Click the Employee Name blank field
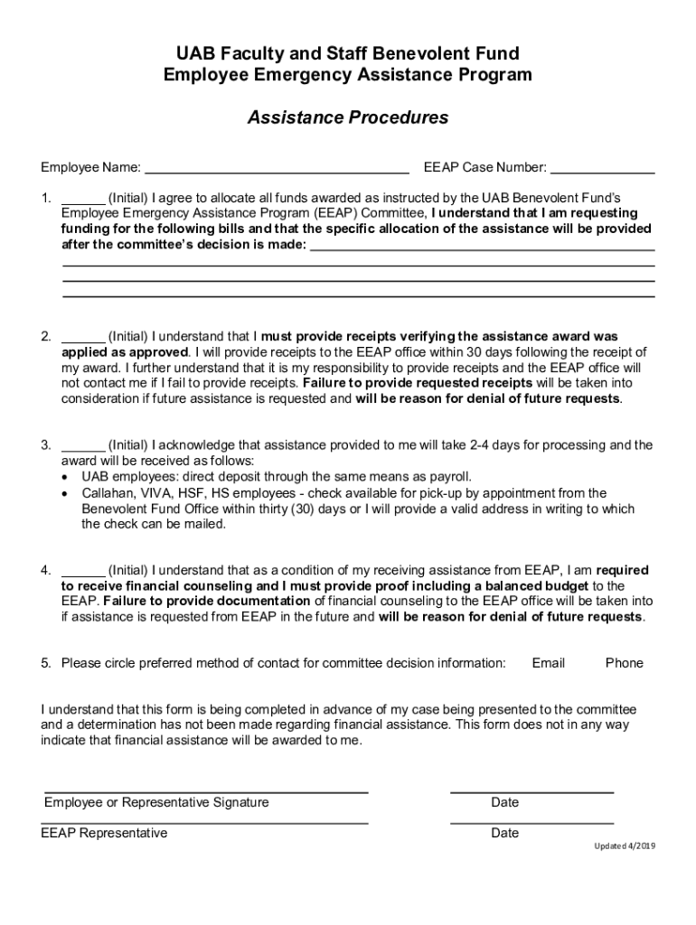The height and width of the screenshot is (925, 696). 277,167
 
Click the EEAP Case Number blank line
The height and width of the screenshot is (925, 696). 602,167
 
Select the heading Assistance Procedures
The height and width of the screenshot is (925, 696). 348,117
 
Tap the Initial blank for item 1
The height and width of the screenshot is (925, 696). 83,198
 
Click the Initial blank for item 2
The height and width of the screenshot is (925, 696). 83,337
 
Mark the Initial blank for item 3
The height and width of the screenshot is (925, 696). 83,445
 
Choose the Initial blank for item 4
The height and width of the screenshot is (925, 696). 83,571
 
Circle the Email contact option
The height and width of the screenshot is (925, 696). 548,663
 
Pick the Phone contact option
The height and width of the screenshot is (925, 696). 624,663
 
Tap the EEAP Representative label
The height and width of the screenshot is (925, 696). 104,833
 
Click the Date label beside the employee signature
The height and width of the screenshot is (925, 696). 504,802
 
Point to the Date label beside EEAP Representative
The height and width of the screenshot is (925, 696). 504,833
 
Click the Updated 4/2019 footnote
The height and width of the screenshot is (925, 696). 624,847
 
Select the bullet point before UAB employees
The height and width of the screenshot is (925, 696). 65,477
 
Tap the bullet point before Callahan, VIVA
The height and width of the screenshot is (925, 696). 65,493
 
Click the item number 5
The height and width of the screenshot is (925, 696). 45,663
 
